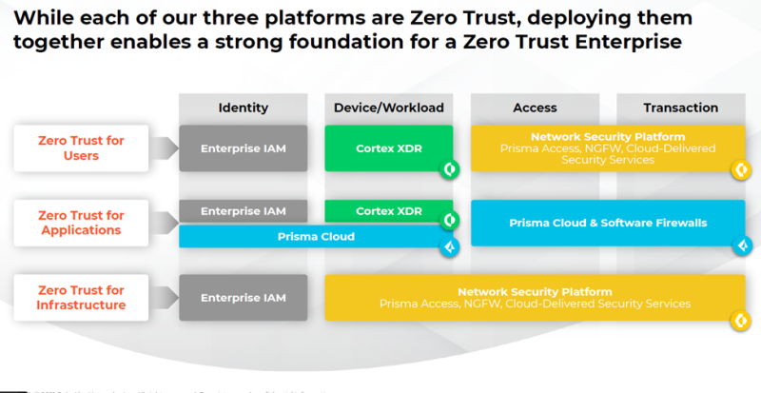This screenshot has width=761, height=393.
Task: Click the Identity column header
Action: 243,108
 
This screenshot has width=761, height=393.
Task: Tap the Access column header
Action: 535,108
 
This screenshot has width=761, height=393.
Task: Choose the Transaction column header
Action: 680,108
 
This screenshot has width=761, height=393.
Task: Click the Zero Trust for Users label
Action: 81,147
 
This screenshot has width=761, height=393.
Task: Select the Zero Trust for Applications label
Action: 81,223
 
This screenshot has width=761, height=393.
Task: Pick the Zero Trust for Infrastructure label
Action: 81,297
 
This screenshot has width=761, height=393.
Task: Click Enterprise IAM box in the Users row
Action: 243,148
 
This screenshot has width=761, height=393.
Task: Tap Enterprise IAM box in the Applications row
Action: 243,209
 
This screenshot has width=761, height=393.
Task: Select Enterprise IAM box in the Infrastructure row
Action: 243,298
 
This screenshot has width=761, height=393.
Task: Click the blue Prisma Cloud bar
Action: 315,236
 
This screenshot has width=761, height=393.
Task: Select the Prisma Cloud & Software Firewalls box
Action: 606,223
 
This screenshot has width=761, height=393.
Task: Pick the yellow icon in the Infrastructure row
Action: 737,320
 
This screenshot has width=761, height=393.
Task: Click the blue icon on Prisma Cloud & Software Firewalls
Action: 737,246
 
